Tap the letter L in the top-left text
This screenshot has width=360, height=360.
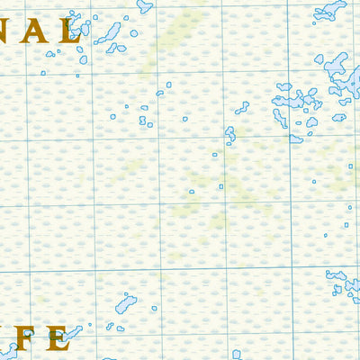[70, 31]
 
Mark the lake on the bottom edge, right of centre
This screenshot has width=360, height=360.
[236, 355]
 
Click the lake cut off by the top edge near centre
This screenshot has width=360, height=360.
[145, 5]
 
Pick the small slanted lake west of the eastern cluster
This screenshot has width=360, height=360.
[242, 107]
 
